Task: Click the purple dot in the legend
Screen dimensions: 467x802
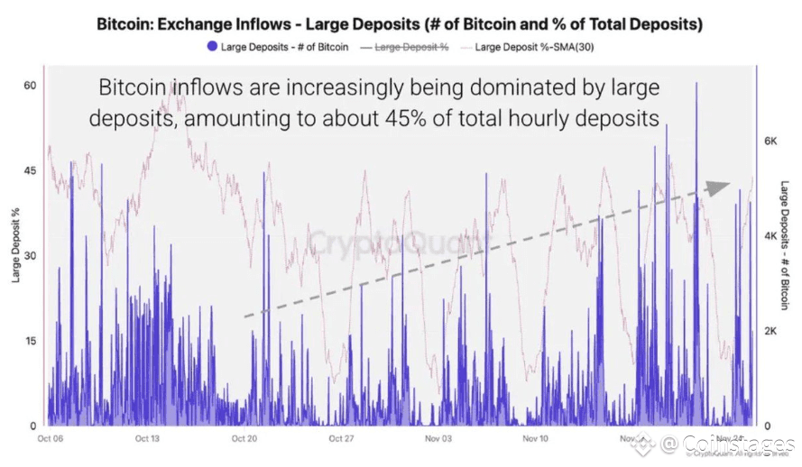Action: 212,45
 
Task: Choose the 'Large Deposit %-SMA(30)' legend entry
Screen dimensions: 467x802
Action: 532,45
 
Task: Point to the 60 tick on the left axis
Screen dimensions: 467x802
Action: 29,85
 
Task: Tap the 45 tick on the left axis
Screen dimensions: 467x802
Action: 29,170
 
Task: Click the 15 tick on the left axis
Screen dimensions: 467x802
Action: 29,341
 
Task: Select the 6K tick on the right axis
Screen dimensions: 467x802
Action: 770,142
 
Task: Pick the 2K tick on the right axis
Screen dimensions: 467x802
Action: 770,331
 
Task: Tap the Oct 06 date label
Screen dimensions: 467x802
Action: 51,439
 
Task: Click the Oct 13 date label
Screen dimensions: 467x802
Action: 147,439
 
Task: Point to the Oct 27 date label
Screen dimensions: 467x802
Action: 341,439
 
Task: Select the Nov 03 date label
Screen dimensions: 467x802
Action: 438,439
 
